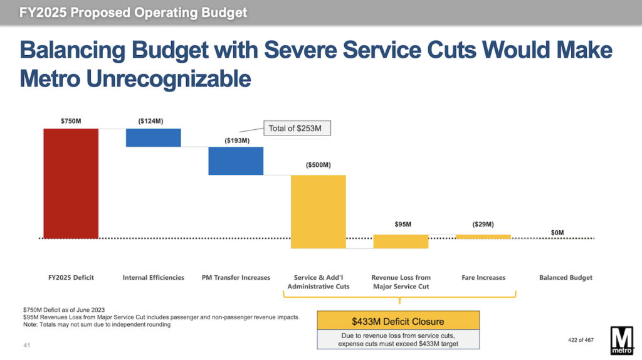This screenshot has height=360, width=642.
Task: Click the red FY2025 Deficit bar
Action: (71, 183)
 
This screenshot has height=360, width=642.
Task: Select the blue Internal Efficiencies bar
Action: (153, 137)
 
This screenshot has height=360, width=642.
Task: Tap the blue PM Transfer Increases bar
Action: (236, 161)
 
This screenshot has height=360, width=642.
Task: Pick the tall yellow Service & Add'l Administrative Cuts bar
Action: (318, 211)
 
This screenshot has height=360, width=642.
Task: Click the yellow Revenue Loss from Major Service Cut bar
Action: (401, 241)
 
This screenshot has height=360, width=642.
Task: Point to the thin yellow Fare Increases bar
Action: (483, 236)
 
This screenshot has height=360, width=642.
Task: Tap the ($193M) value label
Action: (236, 140)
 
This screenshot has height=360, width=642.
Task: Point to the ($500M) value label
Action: (318, 165)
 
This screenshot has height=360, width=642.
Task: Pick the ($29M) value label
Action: (483, 224)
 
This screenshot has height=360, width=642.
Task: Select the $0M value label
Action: (557, 233)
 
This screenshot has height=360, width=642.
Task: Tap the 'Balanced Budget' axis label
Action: (566, 277)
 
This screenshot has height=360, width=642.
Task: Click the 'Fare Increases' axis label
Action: (483, 277)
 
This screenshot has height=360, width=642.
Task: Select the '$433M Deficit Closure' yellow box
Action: (398, 321)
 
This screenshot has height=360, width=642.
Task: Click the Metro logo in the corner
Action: (622, 340)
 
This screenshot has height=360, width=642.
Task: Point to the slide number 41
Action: (26, 345)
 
